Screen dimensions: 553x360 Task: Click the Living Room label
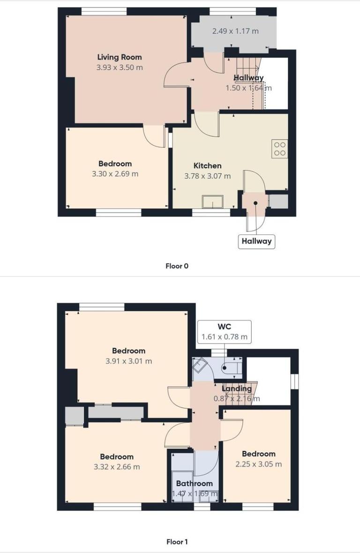point(119,57)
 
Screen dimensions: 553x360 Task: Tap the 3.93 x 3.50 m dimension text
point(119,67)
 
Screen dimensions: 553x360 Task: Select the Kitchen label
point(207,165)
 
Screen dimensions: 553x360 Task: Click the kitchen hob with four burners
point(279,149)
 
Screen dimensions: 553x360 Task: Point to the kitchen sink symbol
point(213,202)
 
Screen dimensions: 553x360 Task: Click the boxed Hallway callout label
point(256,242)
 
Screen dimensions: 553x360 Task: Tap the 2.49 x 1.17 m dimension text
point(235,31)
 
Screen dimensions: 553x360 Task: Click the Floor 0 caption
point(177,266)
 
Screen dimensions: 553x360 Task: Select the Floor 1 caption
point(177,542)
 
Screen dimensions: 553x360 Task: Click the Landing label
point(236,389)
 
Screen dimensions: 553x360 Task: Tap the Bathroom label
point(194,483)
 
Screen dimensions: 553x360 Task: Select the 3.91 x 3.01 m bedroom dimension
point(128,361)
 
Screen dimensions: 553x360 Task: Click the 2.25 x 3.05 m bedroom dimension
point(258,464)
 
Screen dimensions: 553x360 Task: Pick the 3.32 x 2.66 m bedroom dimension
point(116,467)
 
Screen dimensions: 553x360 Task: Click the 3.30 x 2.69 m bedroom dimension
point(115,174)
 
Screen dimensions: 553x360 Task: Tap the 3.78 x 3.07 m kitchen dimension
point(207,176)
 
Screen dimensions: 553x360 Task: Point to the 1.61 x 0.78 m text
point(225,337)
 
